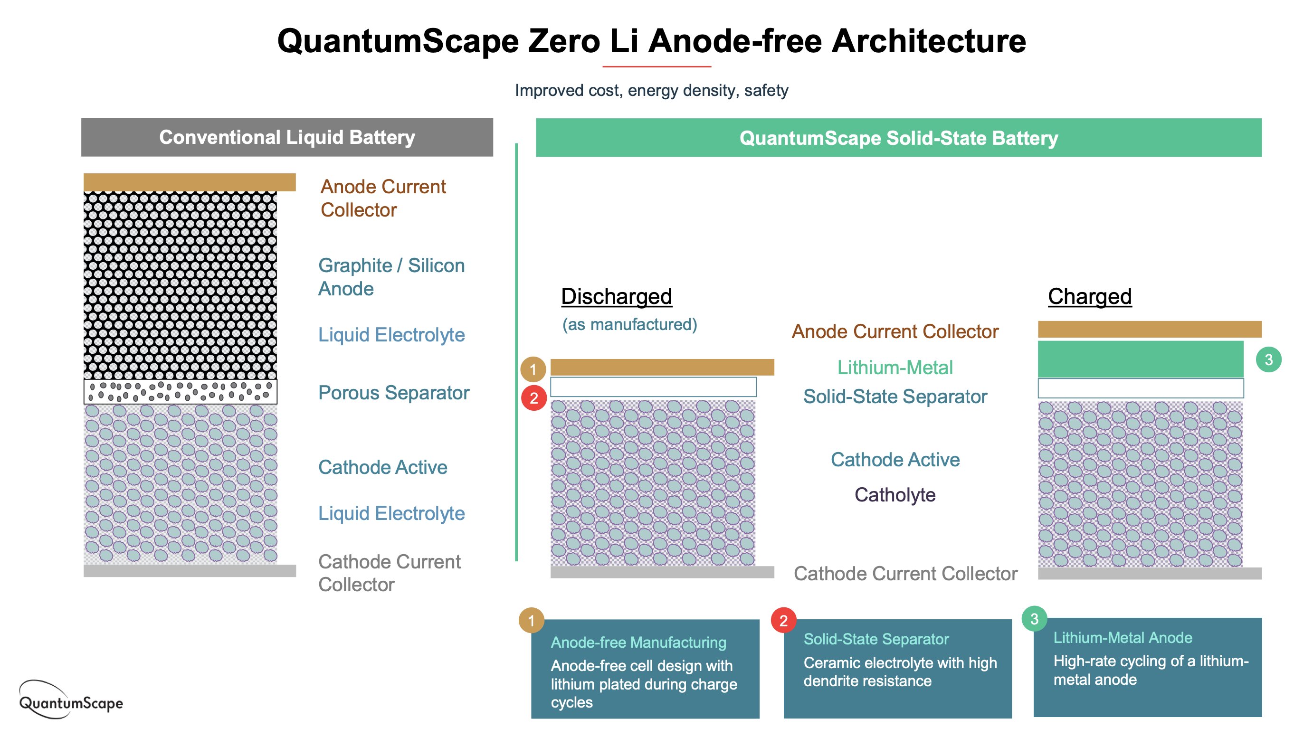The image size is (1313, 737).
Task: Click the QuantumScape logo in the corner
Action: (71, 700)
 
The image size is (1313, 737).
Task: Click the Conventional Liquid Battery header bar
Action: (287, 137)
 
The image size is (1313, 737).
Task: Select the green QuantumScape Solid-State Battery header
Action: (899, 138)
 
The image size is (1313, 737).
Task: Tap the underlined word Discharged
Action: (616, 296)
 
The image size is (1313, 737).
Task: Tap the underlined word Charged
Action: (1090, 296)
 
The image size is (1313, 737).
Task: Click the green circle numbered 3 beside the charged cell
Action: (1269, 360)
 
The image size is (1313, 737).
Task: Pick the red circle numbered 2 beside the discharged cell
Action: (533, 398)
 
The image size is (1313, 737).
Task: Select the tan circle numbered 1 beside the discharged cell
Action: (533, 369)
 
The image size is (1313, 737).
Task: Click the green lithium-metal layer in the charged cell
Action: (1141, 359)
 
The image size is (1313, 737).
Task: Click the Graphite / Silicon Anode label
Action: (391, 277)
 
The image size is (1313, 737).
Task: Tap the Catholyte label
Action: (895, 495)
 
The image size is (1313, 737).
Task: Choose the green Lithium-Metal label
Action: (895, 368)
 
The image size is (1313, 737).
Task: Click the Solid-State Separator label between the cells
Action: (895, 397)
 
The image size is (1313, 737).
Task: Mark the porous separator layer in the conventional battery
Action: (181, 391)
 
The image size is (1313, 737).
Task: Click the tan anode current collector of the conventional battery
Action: (190, 182)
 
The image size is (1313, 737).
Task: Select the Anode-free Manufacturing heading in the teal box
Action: (638, 642)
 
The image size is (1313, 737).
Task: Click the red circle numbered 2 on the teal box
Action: (783, 620)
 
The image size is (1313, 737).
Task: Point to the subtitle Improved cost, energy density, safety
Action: (651, 90)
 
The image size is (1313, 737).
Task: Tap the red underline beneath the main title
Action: (656, 66)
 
